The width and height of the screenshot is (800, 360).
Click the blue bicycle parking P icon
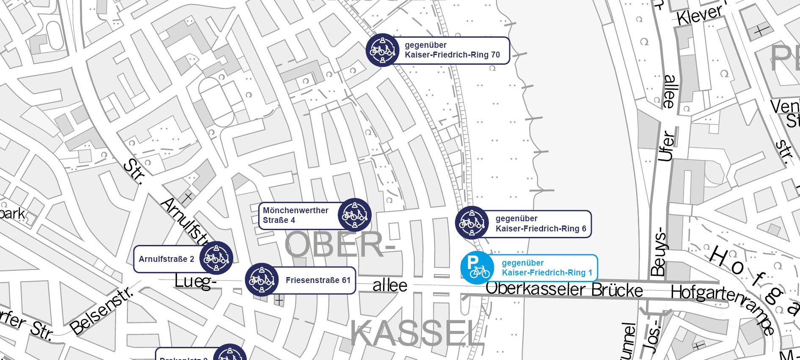(477, 267)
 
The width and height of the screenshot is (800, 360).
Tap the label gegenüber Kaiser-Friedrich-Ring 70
(452, 50)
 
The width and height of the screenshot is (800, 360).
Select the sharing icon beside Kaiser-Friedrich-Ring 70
(383, 50)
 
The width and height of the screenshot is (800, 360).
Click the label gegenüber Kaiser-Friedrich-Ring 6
(541, 224)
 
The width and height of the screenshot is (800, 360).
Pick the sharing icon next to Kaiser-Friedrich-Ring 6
(472, 223)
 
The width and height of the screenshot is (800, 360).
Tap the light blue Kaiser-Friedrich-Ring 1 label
(546, 268)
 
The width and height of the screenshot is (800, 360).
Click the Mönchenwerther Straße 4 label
(295, 215)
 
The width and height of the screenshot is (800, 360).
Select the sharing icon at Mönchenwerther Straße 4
(355, 215)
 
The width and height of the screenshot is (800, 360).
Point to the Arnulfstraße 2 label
(166, 259)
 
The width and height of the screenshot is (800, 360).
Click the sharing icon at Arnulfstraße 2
(216, 258)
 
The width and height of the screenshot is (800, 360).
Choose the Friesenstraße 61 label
(318, 280)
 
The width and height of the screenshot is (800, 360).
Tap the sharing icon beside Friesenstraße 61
(262, 280)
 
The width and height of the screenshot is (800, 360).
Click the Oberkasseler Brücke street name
(564, 290)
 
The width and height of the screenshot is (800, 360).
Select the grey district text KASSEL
(417, 334)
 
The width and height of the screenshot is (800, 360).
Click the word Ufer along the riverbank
(666, 146)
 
